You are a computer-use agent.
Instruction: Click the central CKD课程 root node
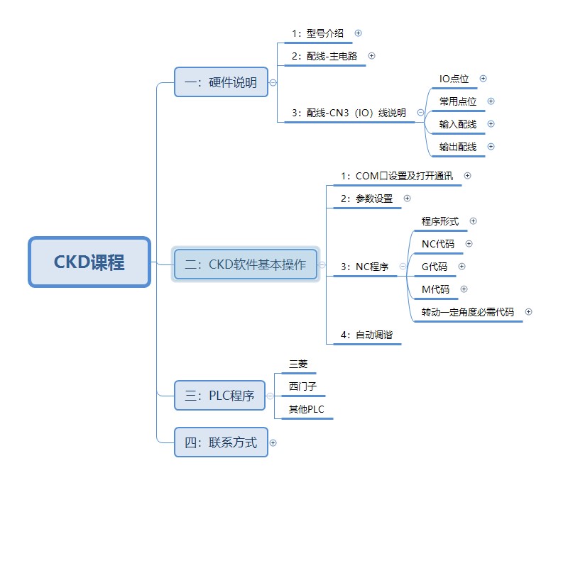click(x=89, y=262)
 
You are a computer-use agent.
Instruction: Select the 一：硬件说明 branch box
click(x=221, y=82)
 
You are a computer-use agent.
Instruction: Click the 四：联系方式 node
click(x=221, y=443)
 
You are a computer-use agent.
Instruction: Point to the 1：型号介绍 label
click(x=317, y=33)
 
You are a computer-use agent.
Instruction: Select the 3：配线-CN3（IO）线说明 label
click(x=349, y=113)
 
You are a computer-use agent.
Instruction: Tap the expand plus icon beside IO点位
click(x=484, y=79)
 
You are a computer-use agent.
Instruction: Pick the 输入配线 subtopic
click(x=457, y=124)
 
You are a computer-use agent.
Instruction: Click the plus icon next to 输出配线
click(x=491, y=147)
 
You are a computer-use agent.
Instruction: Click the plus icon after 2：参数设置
click(x=407, y=199)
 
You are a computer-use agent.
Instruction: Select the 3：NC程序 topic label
click(x=364, y=267)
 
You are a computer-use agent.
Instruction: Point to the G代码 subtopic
click(x=435, y=267)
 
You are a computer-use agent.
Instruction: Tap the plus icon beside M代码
click(x=464, y=289)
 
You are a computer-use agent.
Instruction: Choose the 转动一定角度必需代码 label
click(x=467, y=312)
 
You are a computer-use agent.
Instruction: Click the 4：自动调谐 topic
click(x=366, y=335)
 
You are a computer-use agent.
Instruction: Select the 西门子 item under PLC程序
click(x=302, y=387)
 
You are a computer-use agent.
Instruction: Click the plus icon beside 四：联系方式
click(x=273, y=443)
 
